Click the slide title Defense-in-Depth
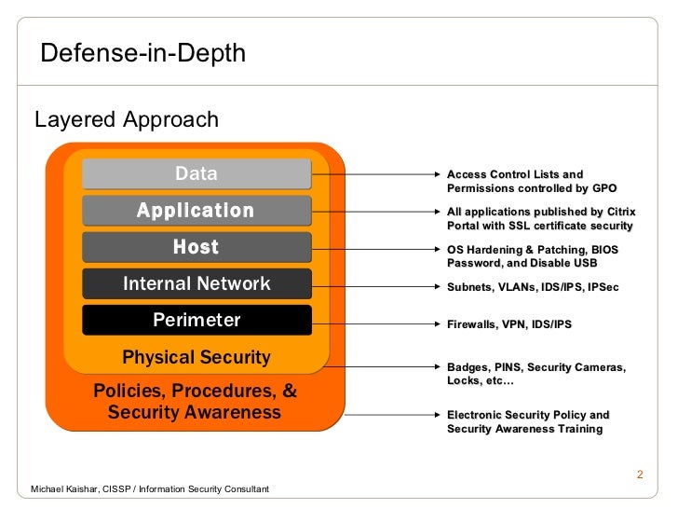(x=142, y=53)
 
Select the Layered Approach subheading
(x=127, y=120)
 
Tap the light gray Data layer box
(x=197, y=173)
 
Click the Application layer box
(x=197, y=211)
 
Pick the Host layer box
(x=197, y=247)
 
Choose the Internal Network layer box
(x=197, y=283)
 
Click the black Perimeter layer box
(x=197, y=320)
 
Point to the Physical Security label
(x=197, y=357)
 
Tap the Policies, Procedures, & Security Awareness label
(x=195, y=401)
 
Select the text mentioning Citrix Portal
(x=539, y=218)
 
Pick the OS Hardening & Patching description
(x=532, y=256)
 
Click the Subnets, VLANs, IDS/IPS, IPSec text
(x=532, y=287)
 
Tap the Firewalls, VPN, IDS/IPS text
(x=508, y=324)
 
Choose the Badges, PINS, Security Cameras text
(x=536, y=374)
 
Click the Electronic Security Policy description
(x=527, y=421)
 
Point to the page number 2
(x=640, y=476)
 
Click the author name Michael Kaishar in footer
(x=150, y=489)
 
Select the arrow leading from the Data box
(x=382, y=174)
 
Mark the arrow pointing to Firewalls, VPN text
(x=382, y=324)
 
